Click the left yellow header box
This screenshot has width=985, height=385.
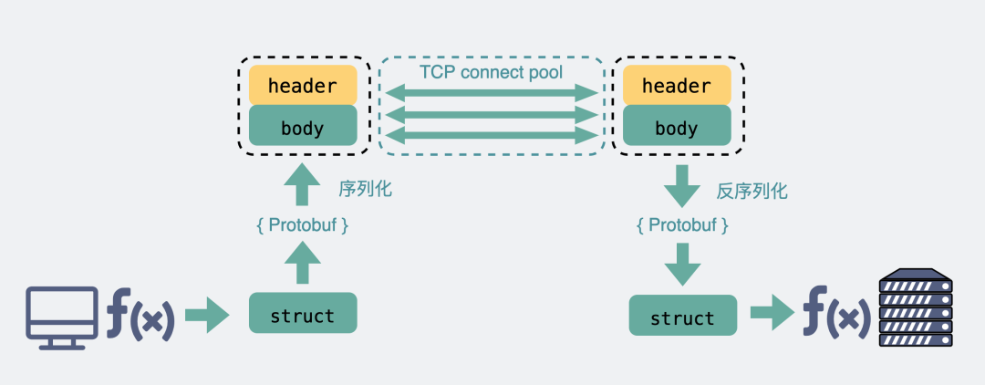tap(303, 86)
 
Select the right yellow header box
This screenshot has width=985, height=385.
tap(676, 86)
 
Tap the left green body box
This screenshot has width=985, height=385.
tap(303, 126)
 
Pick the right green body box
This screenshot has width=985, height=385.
tap(676, 126)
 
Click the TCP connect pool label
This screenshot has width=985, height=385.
tap(491, 71)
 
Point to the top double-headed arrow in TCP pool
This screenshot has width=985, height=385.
tap(491, 93)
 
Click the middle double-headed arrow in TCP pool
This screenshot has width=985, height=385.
tap(491, 115)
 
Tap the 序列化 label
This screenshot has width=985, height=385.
tap(365, 190)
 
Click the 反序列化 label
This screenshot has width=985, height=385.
tap(752, 191)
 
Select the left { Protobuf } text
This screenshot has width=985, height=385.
tap(302, 224)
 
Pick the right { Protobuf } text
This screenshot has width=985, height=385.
tap(682, 224)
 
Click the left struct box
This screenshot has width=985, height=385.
tap(303, 314)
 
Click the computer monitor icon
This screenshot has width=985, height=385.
tap(62, 316)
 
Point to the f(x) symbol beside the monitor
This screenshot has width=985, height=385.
tap(140, 316)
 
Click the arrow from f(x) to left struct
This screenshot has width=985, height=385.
tap(208, 317)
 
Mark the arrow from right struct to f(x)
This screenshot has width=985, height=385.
tap(772, 314)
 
